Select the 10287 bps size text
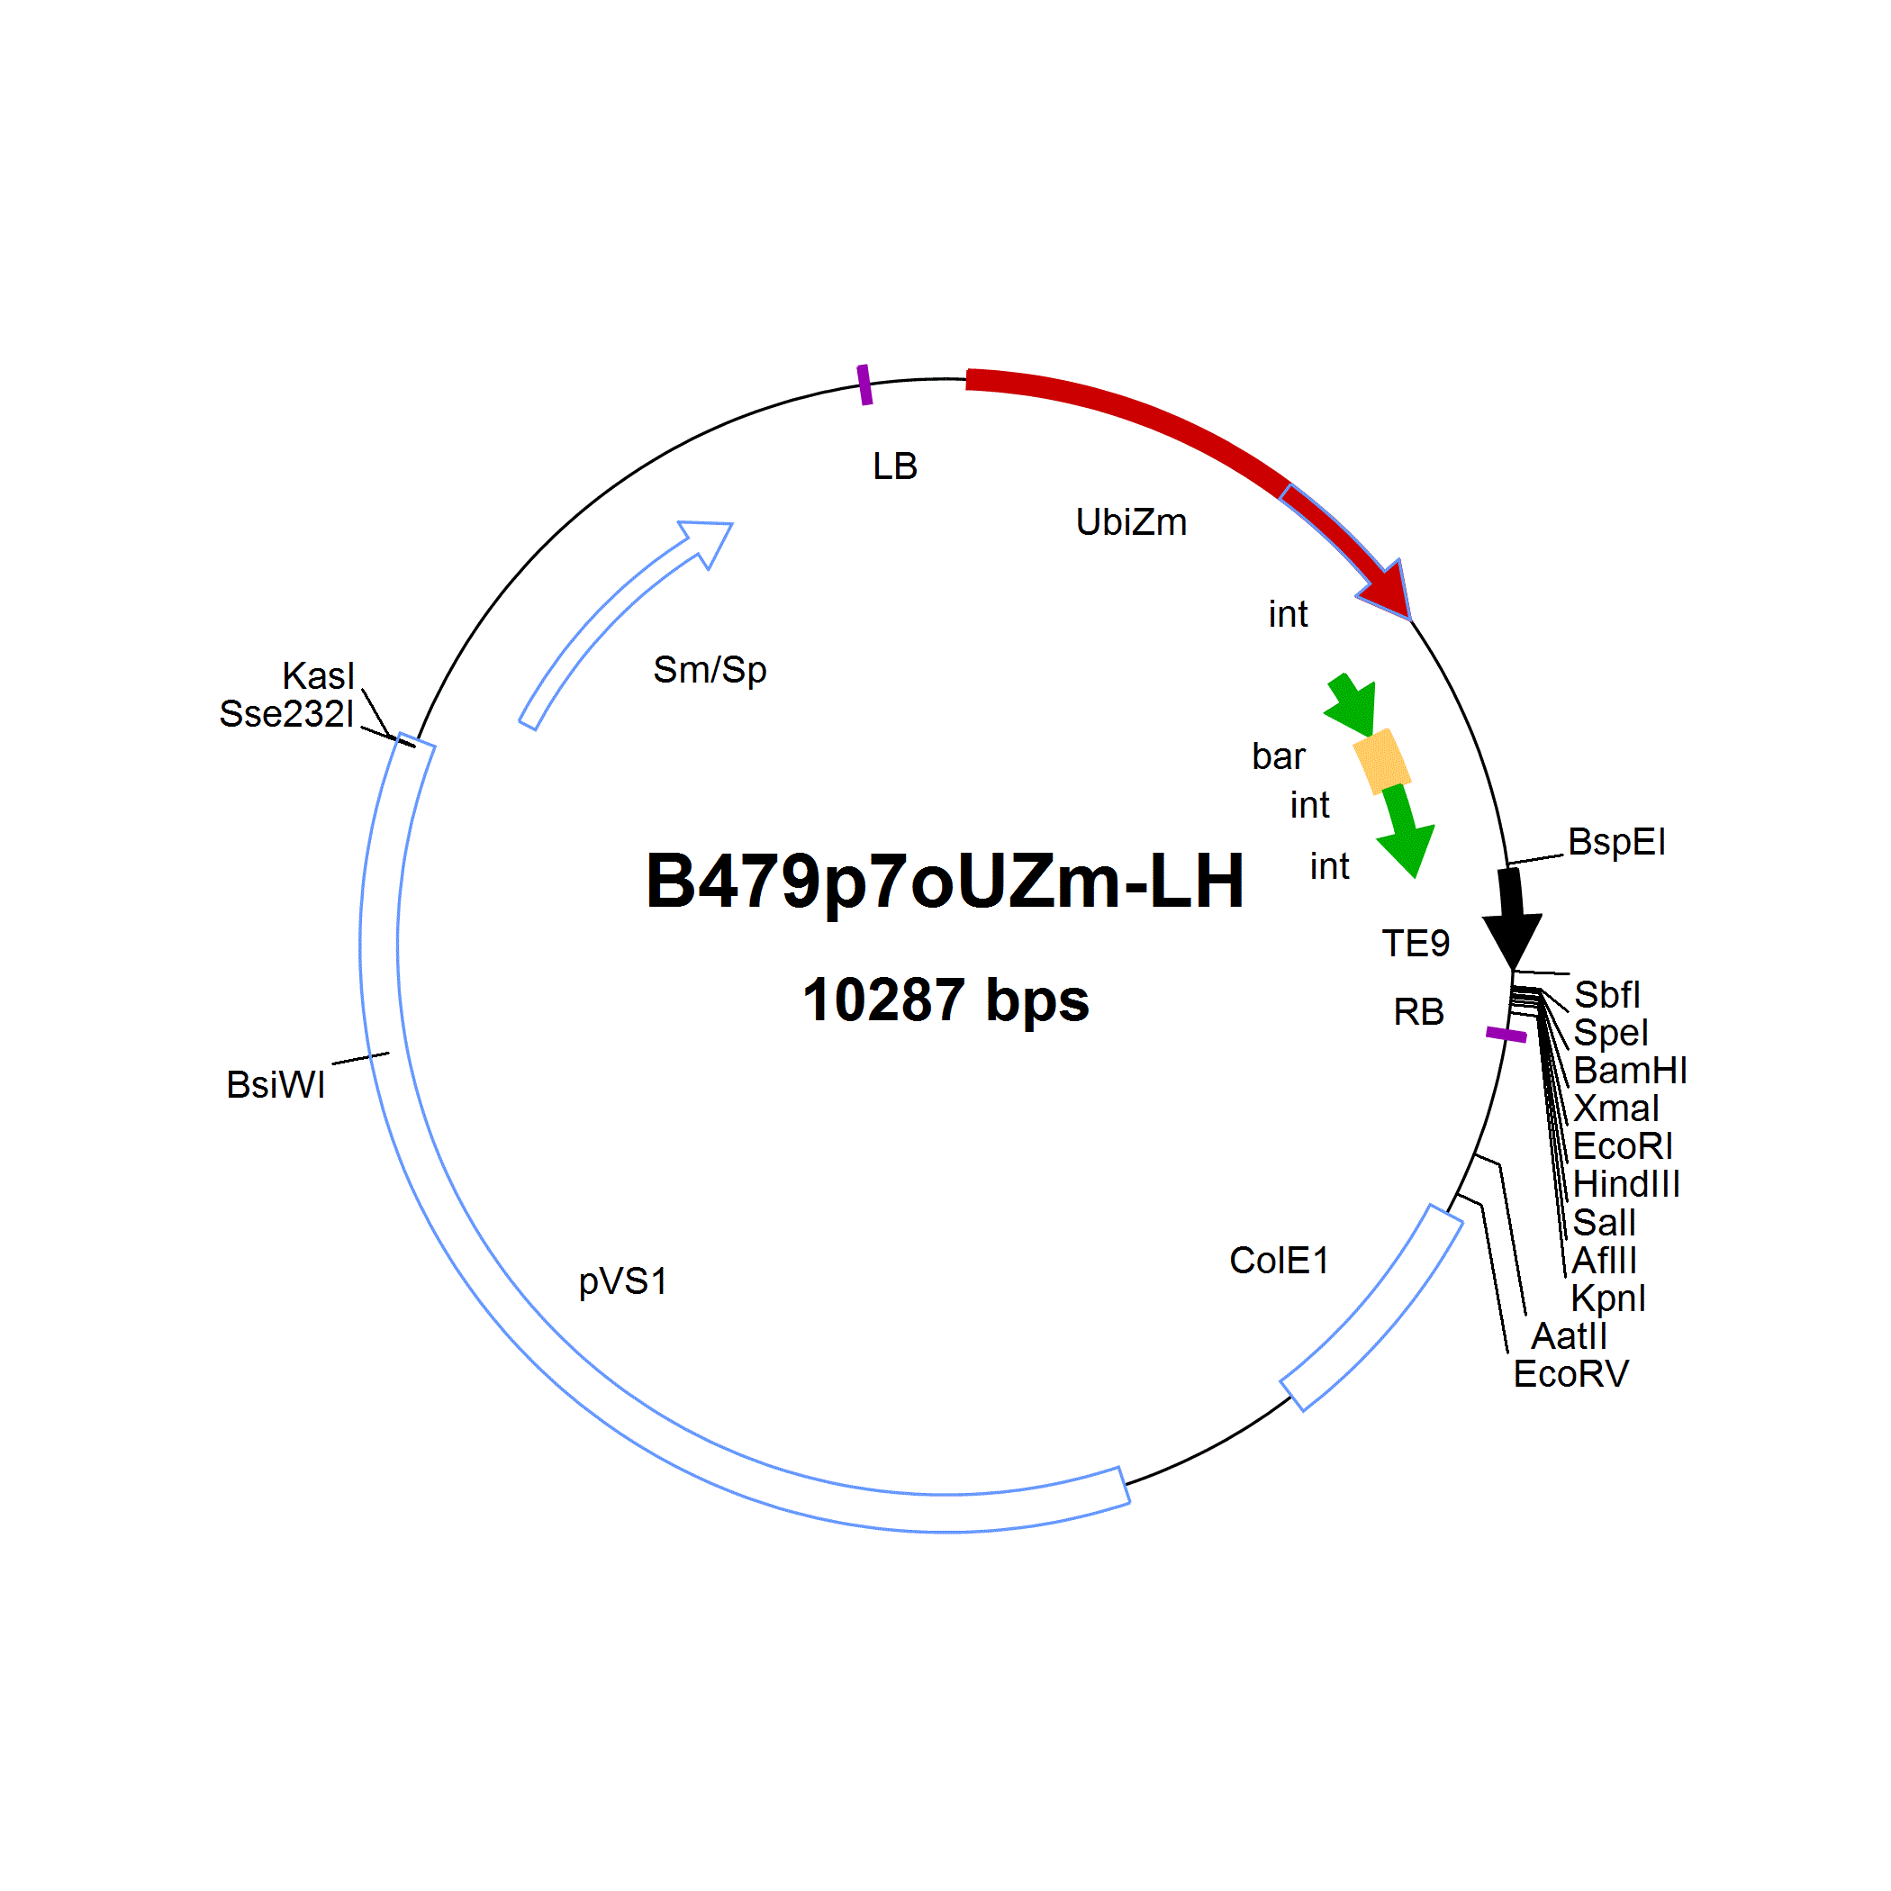945,1000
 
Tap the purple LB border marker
865,385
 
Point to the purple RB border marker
1506,1035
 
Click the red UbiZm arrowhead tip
1410,620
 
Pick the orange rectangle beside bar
1382,761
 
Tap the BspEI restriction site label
1617,842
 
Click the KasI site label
318,675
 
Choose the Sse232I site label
285,713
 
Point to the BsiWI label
276,1084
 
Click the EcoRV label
1571,1374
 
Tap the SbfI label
1607,994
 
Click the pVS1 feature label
623,1281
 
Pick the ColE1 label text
1280,1261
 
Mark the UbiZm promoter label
1132,521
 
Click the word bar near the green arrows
1279,755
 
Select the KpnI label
1608,1298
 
